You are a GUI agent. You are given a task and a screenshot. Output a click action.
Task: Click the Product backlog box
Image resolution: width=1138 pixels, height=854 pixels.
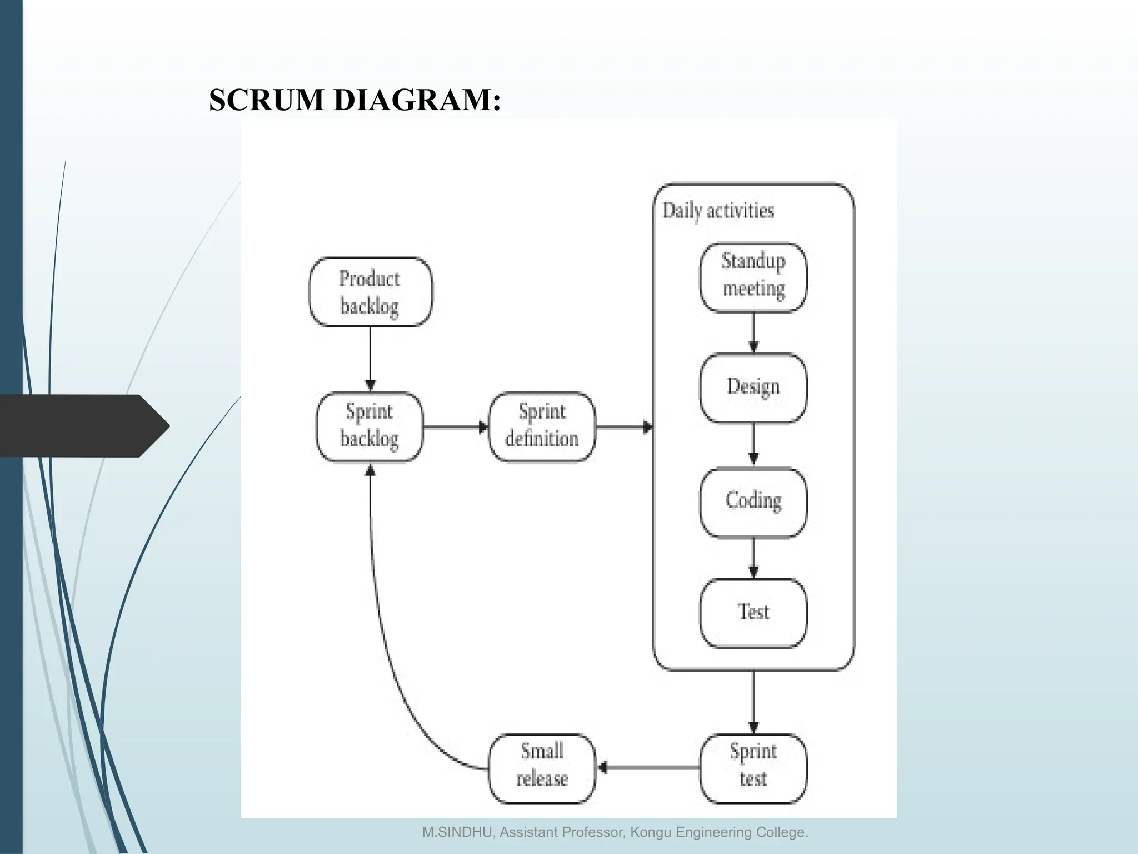coord(370,292)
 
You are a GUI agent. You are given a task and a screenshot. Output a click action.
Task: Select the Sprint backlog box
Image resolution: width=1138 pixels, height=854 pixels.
coord(370,426)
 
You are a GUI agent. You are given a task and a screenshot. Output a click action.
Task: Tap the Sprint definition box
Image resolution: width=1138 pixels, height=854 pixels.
coord(542,426)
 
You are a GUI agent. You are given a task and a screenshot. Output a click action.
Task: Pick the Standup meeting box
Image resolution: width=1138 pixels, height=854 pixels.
coord(753,276)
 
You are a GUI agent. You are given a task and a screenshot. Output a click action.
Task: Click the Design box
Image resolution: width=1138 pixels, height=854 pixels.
coord(753,387)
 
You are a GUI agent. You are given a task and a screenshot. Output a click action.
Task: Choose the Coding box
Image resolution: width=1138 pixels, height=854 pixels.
coord(753,502)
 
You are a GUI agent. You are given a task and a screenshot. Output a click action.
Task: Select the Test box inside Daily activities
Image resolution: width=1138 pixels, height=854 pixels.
coord(753,613)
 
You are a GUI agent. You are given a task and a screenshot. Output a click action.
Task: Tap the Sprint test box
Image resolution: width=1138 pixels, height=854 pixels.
coord(753,767)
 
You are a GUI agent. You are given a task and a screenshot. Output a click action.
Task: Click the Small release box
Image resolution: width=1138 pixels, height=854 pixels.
coord(542,767)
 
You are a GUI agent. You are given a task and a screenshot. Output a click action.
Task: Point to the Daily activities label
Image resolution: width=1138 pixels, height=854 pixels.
coord(718,211)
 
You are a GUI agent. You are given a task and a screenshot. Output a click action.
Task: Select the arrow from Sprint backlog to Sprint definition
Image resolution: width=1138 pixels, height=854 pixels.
coord(455,427)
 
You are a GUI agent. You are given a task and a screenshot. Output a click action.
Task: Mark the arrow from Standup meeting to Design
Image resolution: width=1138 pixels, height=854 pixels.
coord(753,332)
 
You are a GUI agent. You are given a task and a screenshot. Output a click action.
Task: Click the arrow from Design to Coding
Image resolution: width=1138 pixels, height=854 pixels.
coord(753,444)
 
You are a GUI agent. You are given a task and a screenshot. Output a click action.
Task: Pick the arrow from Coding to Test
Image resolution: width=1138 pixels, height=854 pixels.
coord(753,558)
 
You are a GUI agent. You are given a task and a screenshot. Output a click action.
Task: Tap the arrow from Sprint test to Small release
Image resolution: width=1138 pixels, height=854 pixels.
coord(648,768)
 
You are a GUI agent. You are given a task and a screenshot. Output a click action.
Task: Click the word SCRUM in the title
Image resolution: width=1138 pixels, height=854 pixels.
coord(267,100)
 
